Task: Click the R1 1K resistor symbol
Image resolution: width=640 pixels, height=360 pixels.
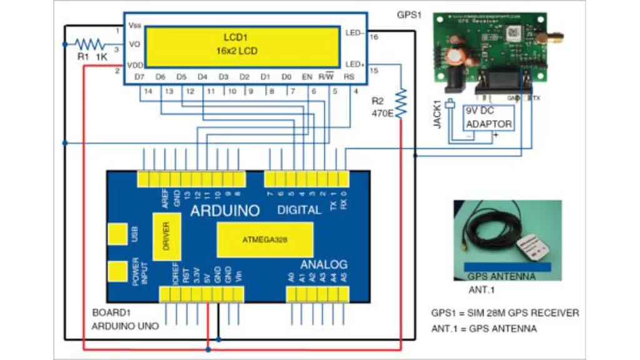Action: tap(91, 44)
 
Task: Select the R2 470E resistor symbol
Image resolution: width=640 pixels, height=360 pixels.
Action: tap(401, 102)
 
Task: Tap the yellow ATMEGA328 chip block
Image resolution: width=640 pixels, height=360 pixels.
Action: tap(265, 239)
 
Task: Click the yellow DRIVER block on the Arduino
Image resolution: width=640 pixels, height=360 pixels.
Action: tap(167, 237)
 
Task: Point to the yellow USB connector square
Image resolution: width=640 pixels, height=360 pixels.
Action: tap(117, 234)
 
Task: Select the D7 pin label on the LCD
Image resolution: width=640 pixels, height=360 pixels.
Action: tap(140, 76)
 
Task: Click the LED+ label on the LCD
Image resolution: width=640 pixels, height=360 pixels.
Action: tap(355, 64)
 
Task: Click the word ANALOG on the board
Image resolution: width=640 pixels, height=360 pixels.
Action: tap(323, 264)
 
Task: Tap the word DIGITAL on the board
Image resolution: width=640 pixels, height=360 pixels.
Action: tap(299, 211)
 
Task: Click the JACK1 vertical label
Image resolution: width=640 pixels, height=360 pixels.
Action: tap(438, 114)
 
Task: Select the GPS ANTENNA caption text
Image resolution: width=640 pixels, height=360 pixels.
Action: tap(501, 276)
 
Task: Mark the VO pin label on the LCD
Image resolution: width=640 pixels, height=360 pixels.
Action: tap(134, 44)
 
